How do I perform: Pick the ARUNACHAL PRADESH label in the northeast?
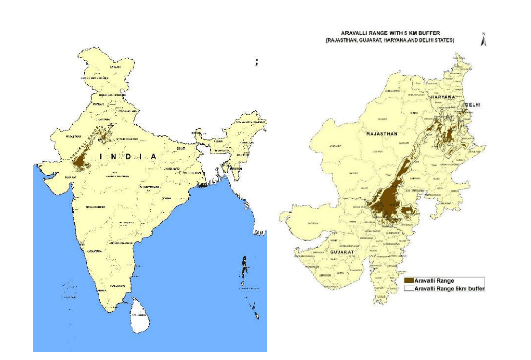click(x=249, y=121)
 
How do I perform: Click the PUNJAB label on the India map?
click(x=98, y=104)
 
